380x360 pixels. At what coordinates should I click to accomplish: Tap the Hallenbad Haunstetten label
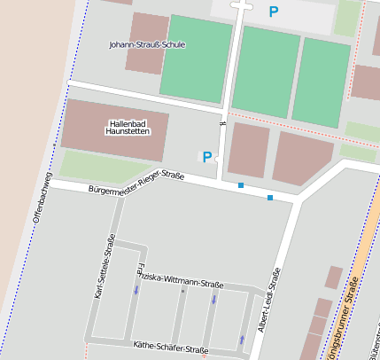[128, 127]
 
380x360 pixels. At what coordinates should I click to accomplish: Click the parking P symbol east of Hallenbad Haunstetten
[207, 157]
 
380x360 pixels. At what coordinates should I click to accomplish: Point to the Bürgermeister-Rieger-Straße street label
[136, 183]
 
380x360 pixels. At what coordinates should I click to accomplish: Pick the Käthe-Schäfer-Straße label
[170, 348]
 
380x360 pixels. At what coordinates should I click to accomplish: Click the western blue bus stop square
[240, 185]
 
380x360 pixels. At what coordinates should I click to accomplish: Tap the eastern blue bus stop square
[270, 197]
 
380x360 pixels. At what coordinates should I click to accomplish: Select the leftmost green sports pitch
[196, 58]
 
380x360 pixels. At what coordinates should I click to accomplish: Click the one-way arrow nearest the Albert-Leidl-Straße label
[242, 339]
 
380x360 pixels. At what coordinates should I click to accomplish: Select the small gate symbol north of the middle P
[222, 124]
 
